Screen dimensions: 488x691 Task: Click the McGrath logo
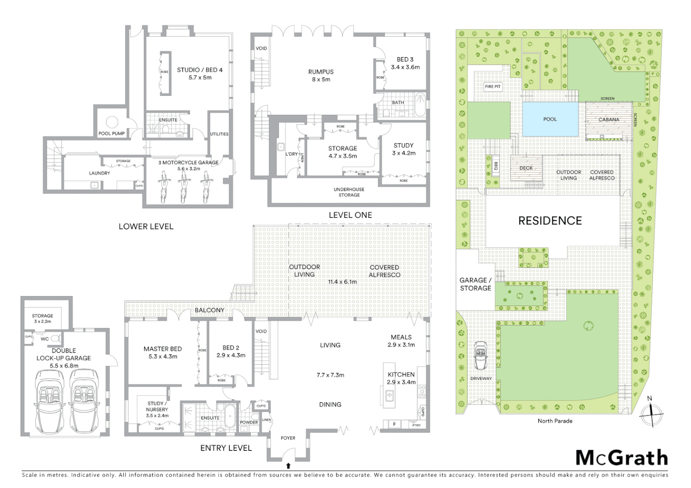(x=621, y=458)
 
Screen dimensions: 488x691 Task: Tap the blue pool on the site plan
(x=550, y=119)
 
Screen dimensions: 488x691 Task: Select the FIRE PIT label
(x=492, y=86)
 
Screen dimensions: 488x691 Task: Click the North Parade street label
(x=555, y=421)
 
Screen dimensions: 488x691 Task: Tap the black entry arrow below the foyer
(x=288, y=465)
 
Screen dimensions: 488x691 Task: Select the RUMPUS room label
(x=321, y=72)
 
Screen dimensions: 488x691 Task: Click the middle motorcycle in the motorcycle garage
(x=184, y=186)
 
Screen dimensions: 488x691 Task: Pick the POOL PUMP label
(x=111, y=133)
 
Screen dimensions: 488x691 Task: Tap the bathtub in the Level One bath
(x=420, y=105)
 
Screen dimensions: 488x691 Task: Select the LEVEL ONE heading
(x=350, y=216)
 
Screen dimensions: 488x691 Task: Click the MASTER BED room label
(x=162, y=349)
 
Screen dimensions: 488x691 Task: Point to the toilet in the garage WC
(x=55, y=338)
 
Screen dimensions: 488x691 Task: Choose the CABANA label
(x=609, y=120)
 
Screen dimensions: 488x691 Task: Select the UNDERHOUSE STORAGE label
(x=349, y=192)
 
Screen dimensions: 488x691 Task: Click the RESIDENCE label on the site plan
(x=550, y=221)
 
